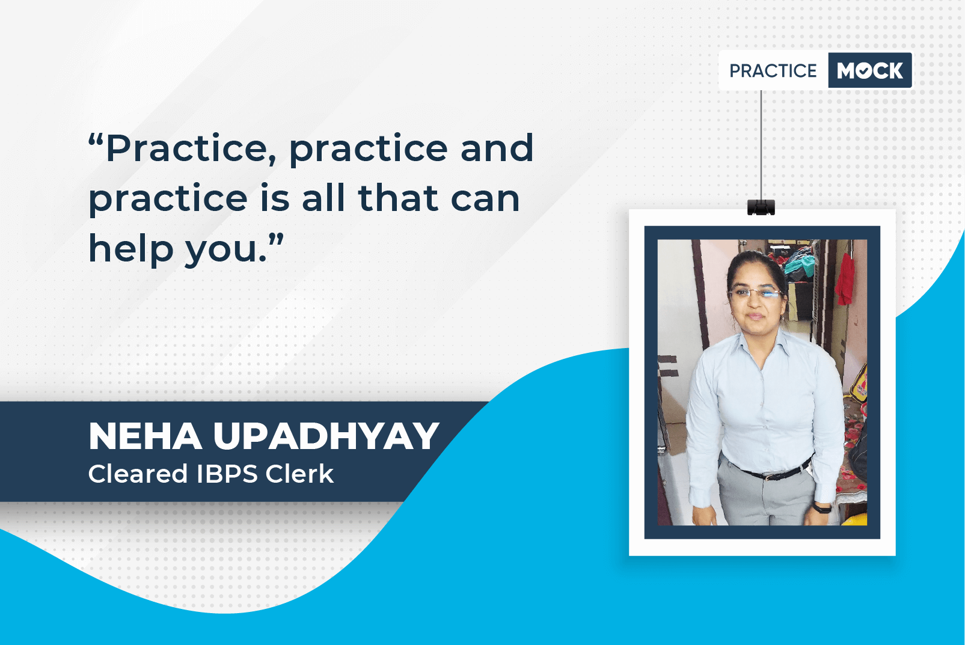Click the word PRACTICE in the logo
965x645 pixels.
pos(773,71)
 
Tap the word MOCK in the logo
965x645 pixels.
pos(870,70)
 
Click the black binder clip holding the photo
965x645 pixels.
pos(761,207)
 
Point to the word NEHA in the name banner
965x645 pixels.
pos(145,436)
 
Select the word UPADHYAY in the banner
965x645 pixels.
pos(326,436)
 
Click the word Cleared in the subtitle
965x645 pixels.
pos(138,474)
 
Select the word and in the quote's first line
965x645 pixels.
pos(497,147)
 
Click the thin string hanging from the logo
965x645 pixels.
pos(761,145)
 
